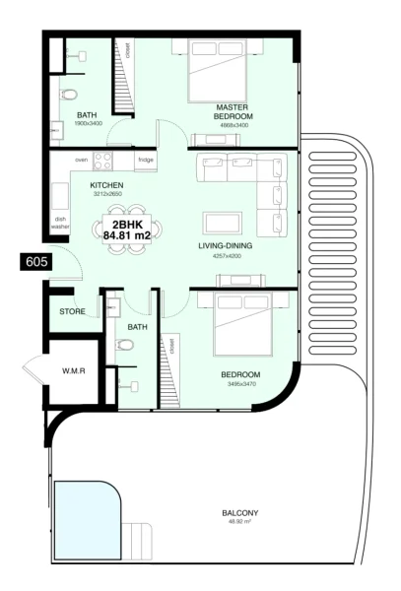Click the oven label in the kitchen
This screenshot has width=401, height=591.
82,160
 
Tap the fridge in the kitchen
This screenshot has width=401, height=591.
145,161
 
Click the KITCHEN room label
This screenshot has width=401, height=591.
106,185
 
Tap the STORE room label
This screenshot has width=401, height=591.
72,312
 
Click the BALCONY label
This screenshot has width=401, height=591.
240,513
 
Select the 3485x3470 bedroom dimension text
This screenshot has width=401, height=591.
240,385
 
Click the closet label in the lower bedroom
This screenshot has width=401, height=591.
171,346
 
